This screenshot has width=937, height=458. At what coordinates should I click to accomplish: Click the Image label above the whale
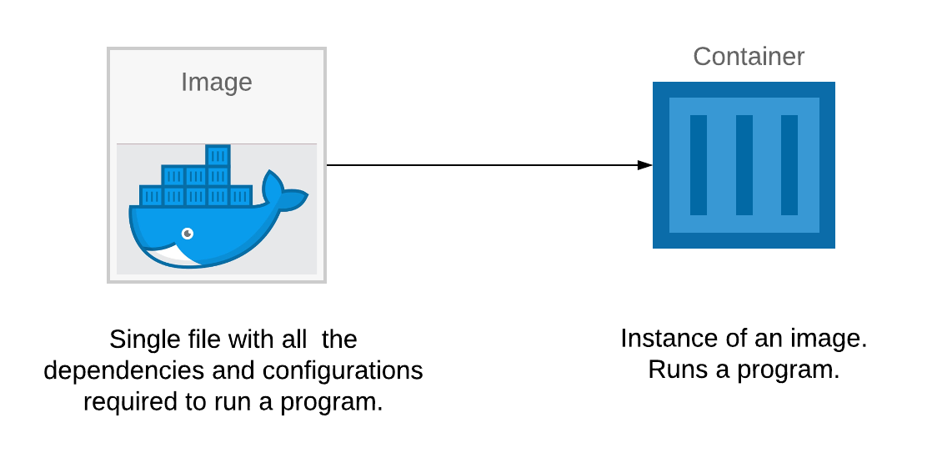tap(216, 83)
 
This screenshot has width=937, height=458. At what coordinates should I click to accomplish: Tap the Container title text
tap(749, 57)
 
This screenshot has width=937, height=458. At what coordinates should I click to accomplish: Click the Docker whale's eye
tap(188, 234)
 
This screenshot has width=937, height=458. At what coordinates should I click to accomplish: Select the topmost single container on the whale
tap(218, 157)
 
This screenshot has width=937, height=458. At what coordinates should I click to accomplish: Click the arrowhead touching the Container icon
tap(644, 165)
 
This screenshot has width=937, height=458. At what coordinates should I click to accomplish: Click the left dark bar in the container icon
tap(699, 165)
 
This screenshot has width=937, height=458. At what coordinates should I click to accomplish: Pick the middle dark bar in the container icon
tap(744, 165)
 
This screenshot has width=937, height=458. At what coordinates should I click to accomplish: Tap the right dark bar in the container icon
tap(789, 165)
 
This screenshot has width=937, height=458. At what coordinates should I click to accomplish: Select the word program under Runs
tap(789, 371)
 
